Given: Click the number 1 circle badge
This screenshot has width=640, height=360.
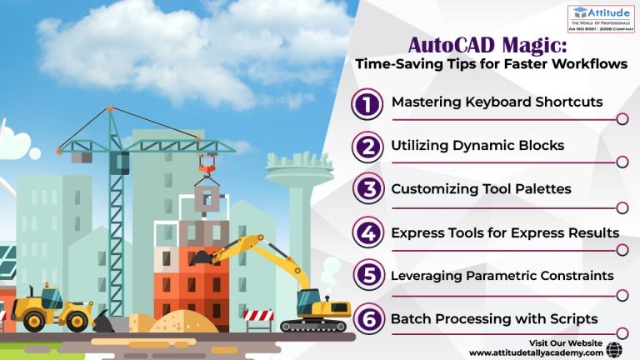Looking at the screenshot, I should coord(367,104).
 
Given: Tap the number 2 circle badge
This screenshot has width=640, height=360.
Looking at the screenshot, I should coord(367,147).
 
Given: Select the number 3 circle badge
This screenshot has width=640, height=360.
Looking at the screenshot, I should coord(367,190).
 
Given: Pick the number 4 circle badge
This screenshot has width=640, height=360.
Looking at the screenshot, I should coord(367,233).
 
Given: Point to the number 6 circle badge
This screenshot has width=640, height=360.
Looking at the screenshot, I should coord(367,319).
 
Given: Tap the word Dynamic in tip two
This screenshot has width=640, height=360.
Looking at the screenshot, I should coord(482,146).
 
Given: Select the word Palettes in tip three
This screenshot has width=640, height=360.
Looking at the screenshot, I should coord(541,189).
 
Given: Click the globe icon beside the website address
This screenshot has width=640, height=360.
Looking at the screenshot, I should coord(616,349).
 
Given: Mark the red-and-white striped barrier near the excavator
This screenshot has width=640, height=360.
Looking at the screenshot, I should coord(257,316).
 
